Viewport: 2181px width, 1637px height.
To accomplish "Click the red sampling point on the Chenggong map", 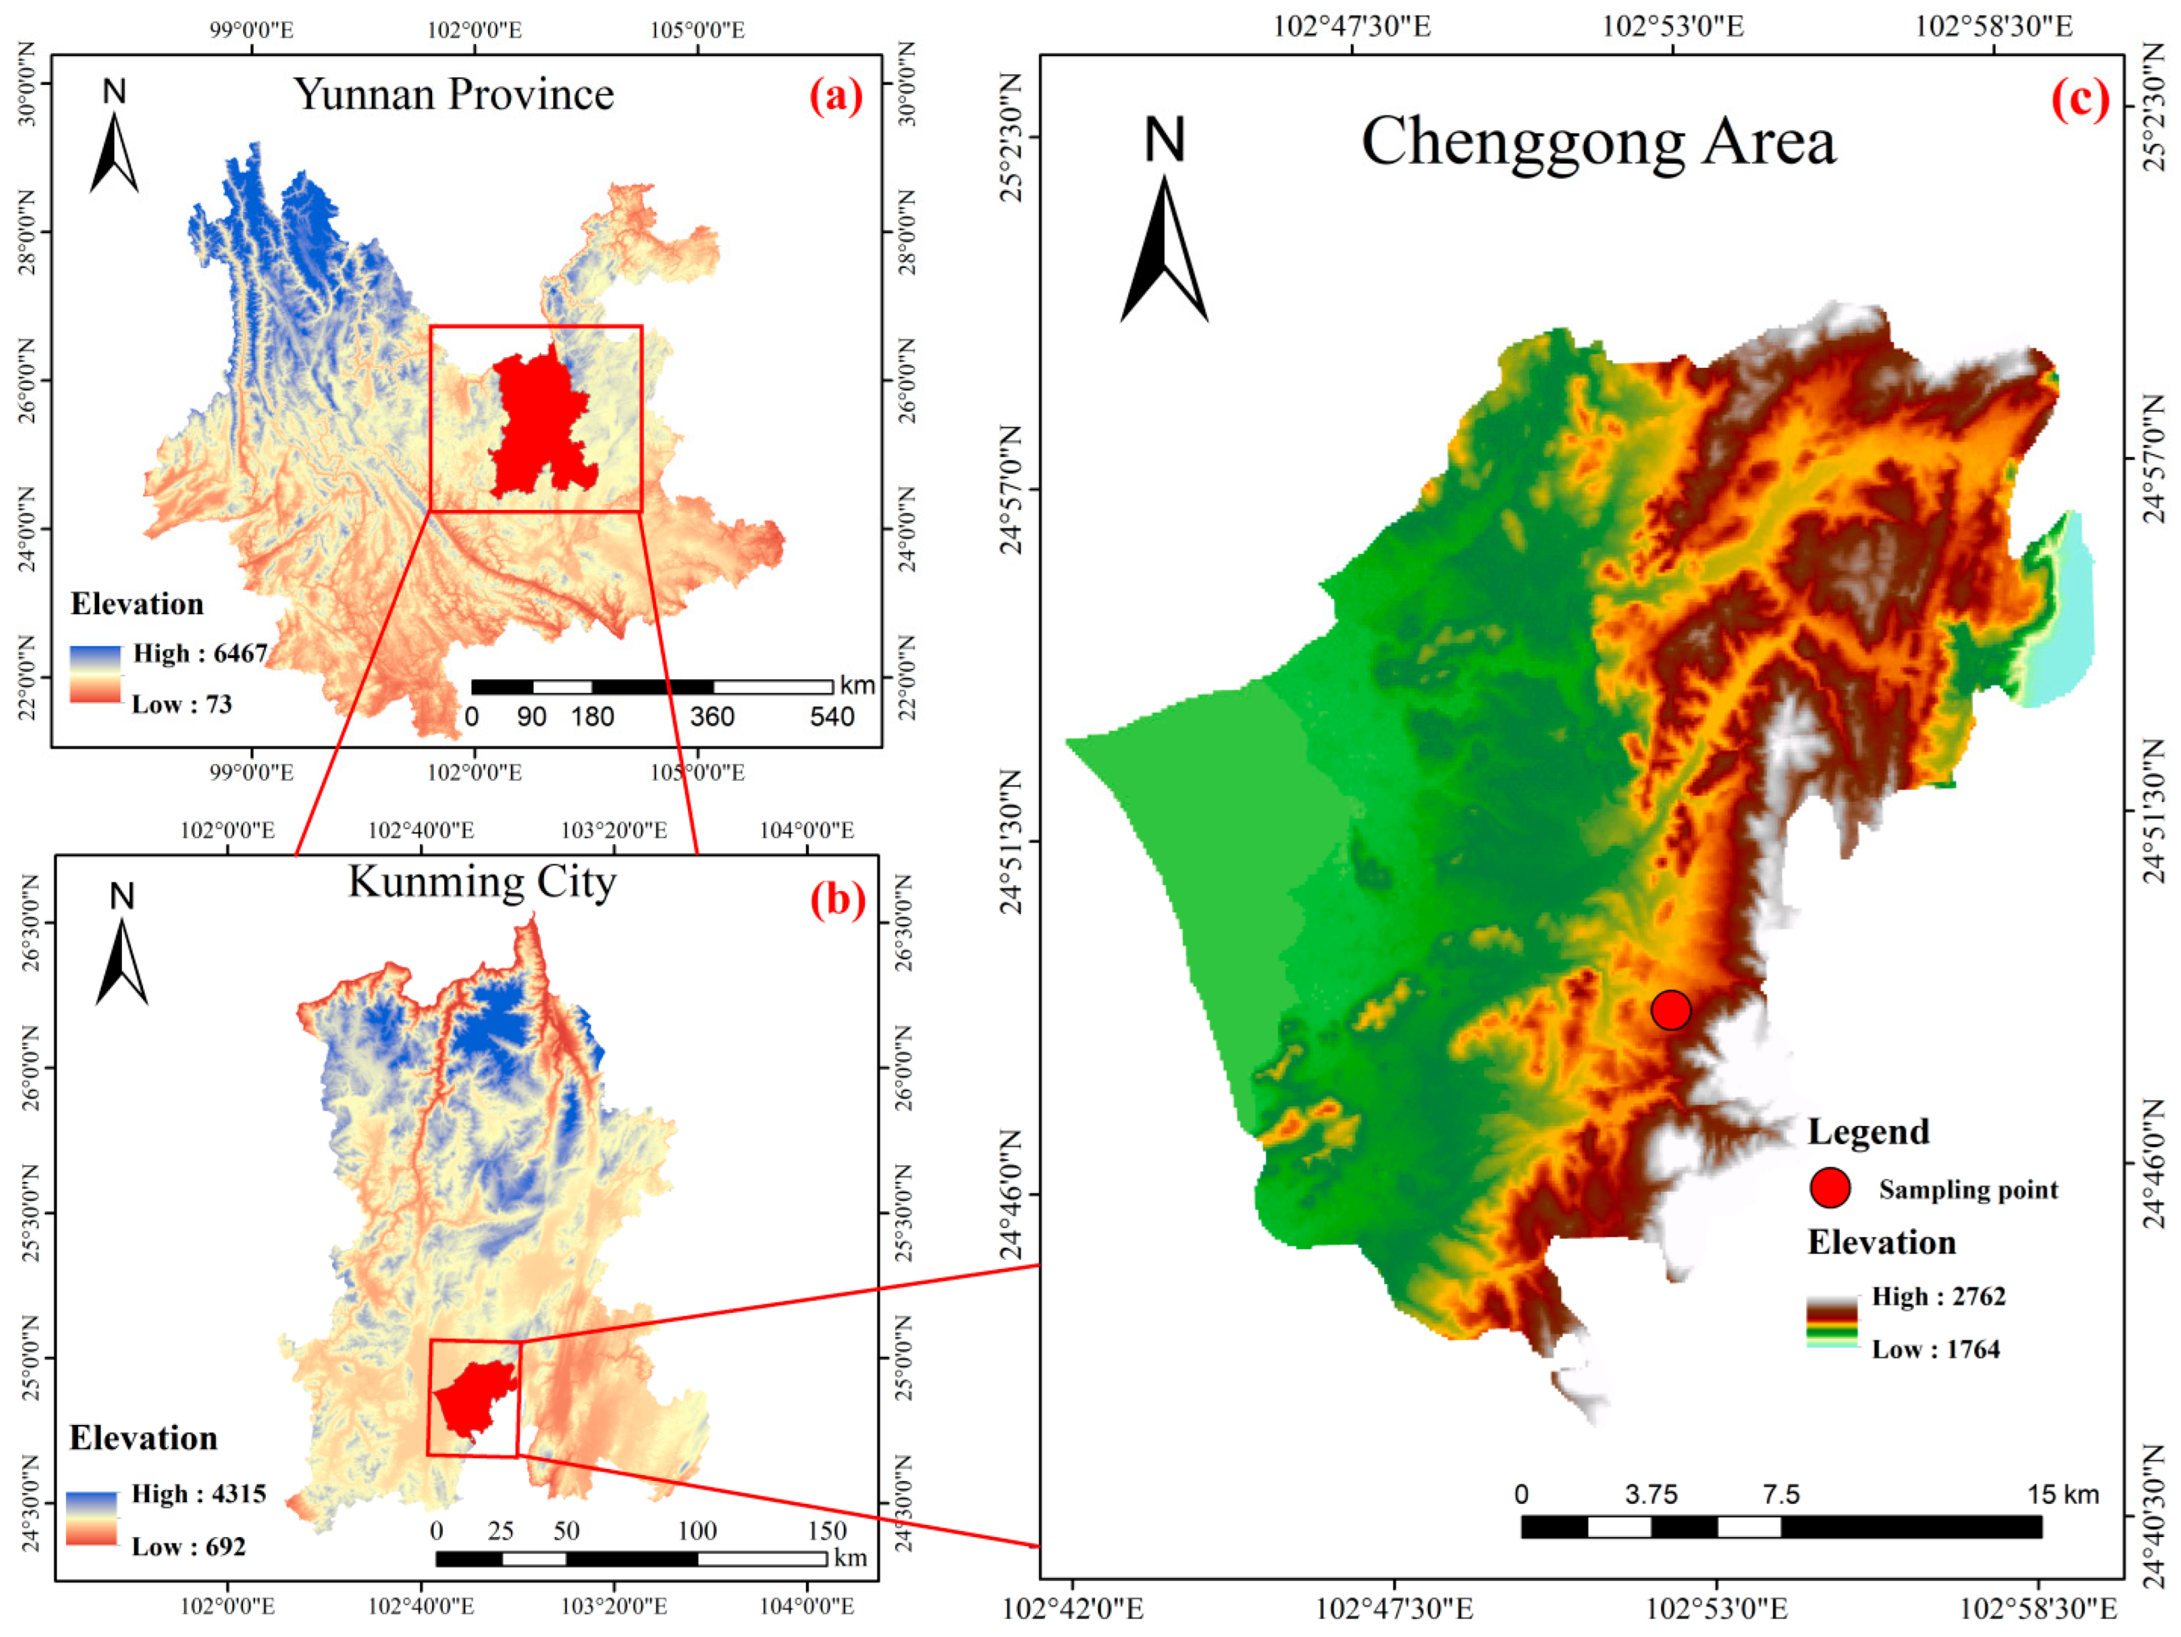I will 1670,1010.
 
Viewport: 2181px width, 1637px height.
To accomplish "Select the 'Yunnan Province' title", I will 454,95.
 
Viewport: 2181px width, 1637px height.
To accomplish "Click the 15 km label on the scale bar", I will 2062,1494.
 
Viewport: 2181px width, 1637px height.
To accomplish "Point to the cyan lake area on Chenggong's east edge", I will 2061,611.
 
